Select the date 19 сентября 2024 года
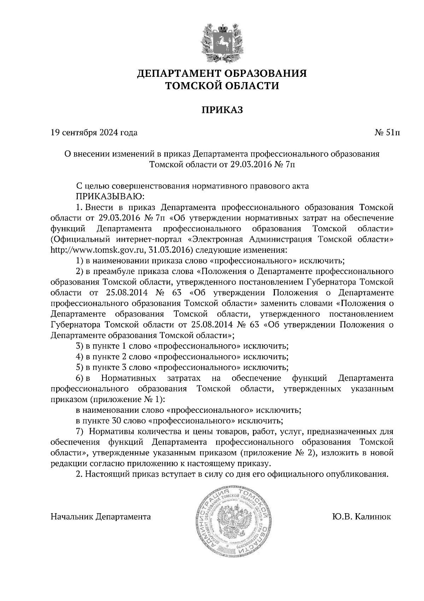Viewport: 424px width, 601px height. [94, 133]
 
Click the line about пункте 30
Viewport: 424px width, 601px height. [179, 421]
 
